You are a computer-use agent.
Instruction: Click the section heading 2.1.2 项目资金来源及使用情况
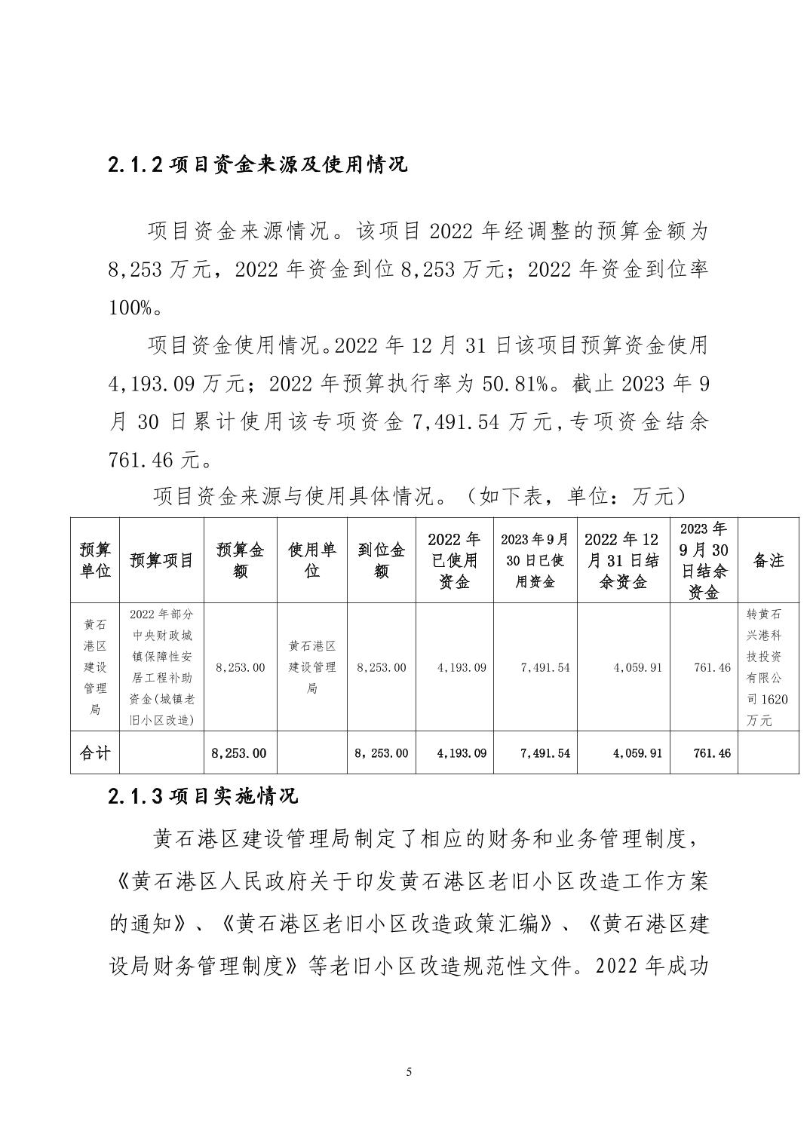[258, 164]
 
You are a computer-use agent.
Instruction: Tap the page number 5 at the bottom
[409, 1072]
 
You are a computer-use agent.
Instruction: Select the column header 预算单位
[95, 560]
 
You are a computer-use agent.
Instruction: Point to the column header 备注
[768, 560]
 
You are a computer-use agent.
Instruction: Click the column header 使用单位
[311, 560]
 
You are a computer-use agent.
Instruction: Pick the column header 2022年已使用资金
[454, 560]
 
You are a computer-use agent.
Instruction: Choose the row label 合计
[95, 752]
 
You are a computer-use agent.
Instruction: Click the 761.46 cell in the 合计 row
[712, 752]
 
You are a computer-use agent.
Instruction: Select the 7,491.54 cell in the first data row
[545, 667]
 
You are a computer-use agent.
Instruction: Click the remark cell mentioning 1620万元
[768, 667]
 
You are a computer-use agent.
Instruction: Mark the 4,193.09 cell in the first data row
[461, 667]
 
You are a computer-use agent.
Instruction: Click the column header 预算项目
[161, 560]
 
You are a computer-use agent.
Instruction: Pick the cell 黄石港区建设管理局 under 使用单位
[311, 667]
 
